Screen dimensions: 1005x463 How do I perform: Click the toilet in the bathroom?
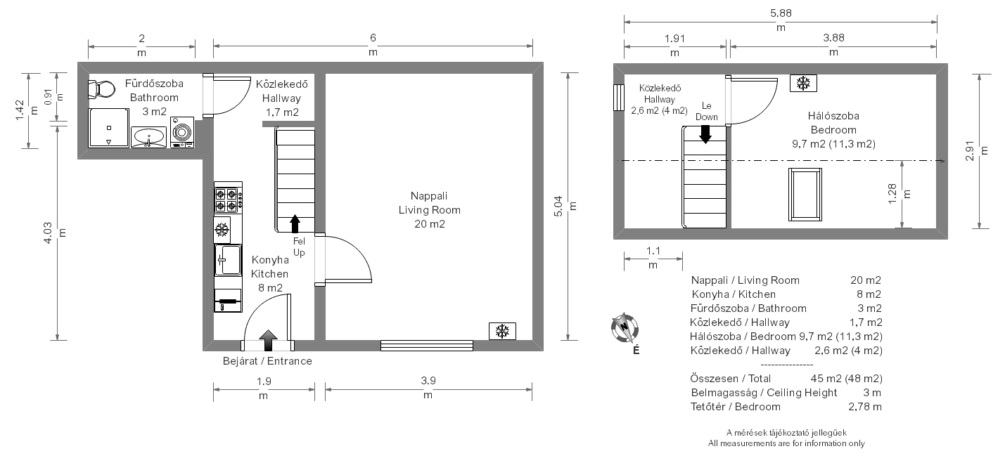pos(101,90)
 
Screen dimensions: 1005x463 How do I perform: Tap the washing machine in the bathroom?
pos(182,132)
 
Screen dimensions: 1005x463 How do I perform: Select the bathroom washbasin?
pos(148,137)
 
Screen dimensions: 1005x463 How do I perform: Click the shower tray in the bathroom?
pos(108,128)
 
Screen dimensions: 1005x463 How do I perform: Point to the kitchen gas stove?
pos(228,198)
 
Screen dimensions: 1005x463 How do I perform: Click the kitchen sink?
pos(228,260)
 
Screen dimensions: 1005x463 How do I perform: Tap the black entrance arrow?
pos(268,340)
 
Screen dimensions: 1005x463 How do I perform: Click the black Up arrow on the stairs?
pos(295,223)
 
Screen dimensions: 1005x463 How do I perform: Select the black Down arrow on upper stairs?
pos(705,134)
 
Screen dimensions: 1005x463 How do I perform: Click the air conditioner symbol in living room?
pos(502,331)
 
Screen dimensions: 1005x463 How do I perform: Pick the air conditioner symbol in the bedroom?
pos(803,83)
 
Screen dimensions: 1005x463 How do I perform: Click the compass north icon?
pos(625,327)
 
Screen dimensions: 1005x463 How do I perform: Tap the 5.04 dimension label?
pos(558,206)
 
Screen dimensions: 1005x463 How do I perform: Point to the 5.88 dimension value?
pos(781,13)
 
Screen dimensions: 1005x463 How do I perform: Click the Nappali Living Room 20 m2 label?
pos(430,210)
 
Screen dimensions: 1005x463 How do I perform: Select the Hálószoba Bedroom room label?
pos(833,123)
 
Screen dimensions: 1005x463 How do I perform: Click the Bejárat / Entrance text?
pos(267,361)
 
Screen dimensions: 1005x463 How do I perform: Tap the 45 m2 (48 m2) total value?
pos(846,378)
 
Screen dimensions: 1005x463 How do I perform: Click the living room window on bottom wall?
pos(427,346)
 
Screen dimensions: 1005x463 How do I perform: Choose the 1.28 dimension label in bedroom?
pos(892,194)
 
